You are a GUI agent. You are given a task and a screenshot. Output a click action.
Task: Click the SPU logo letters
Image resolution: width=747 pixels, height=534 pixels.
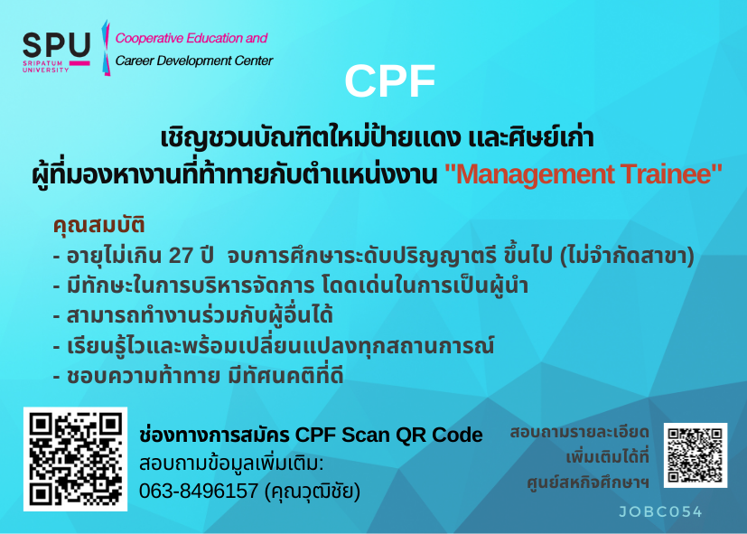[x=56, y=45]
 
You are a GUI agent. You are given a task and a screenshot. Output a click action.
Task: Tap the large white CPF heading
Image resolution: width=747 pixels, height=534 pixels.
[x=389, y=81]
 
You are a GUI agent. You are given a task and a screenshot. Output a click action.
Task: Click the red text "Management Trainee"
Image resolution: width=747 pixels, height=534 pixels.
[x=584, y=173]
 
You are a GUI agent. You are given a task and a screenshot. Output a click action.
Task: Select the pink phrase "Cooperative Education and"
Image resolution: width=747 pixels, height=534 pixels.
[x=191, y=38]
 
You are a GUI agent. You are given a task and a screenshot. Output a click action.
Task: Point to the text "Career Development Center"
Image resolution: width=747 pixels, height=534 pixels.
[x=194, y=61]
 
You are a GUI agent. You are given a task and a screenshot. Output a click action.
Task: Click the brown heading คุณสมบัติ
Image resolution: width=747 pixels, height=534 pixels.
[x=98, y=225]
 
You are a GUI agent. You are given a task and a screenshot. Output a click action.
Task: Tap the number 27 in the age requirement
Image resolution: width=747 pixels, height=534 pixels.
[x=181, y=256]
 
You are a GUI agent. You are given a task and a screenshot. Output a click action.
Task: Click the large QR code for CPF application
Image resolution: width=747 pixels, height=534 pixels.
[x=75, y=459]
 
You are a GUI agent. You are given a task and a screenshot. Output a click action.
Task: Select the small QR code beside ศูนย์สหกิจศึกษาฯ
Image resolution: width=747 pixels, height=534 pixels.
[x=696, y=454]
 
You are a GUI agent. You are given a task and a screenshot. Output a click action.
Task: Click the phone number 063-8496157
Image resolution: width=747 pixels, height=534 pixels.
[x=199, y=491]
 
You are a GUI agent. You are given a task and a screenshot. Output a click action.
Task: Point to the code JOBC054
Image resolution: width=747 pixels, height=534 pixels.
[x=660, y=511]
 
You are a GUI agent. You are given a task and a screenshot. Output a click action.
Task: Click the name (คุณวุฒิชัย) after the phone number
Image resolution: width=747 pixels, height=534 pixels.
[x=312, y=491]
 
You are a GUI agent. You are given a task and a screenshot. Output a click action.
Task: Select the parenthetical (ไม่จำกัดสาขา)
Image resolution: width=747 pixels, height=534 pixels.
[x=627, y=256]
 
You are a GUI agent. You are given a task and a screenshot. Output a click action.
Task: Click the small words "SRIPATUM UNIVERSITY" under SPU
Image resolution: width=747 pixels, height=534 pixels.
[x=46, y=66]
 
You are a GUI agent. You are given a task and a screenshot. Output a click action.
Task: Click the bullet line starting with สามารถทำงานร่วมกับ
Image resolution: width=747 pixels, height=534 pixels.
[x=193, y=315]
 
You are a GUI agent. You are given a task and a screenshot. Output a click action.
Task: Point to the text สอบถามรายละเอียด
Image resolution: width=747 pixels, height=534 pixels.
[x=579, y=433]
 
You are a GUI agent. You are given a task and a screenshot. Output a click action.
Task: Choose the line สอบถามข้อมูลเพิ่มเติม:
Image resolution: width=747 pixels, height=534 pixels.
[x=231, y=464]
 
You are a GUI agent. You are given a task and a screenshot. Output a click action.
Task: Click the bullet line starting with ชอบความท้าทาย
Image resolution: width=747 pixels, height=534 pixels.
[x=198, y=375]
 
